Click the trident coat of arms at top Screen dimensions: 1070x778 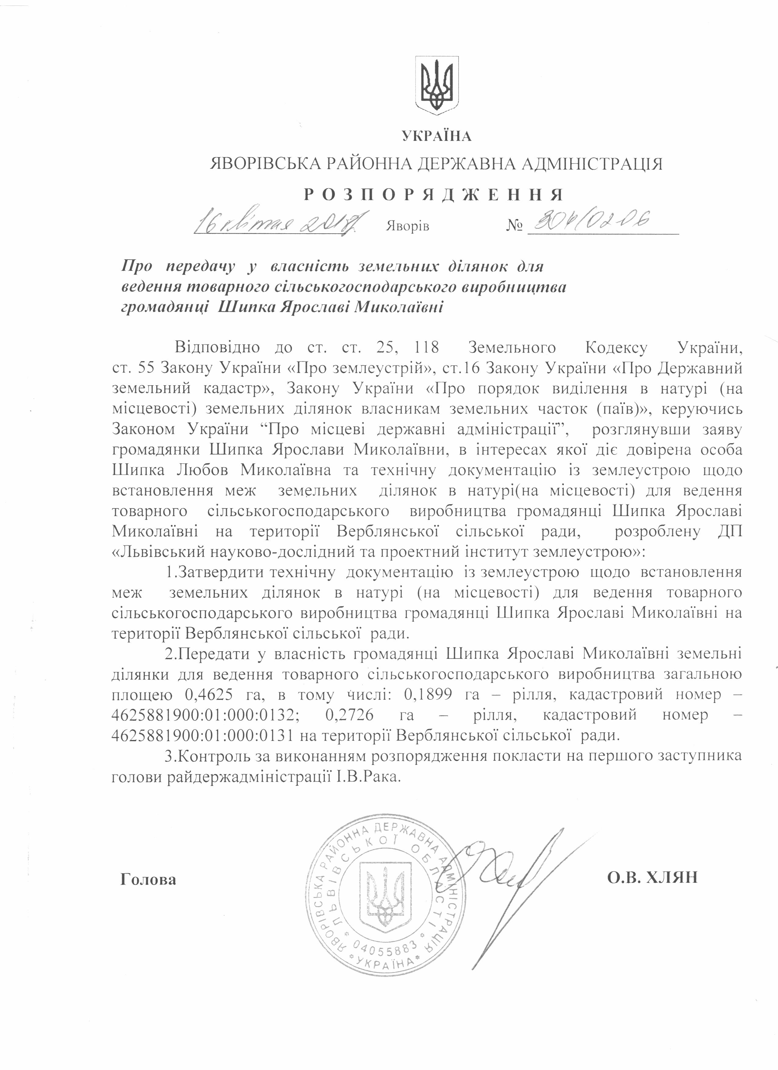(436, 85)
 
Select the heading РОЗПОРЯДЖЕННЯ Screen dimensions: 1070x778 (434, 194)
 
